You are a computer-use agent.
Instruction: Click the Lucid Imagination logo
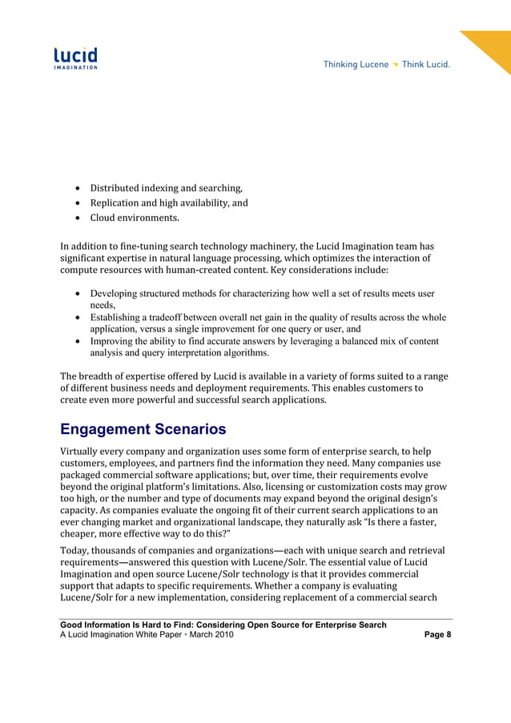pyautogui.click(x=75, y=58)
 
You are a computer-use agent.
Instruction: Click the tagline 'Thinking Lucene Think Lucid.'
pyautogui.click(x=386, y=65)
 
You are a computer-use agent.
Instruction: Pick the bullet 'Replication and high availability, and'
pyautogui.click(x=168, y=203)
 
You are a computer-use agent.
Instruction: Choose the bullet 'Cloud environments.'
pyautogui.click(x=134, y=218)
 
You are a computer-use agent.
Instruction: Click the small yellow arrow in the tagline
pyautogui.click(x=395, y=65)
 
